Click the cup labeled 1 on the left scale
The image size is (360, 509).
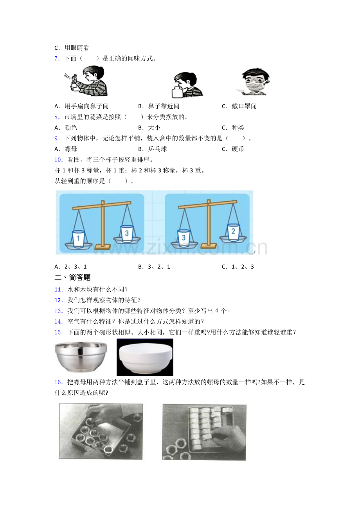(x=78, y=239)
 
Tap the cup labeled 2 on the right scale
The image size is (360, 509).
(x=233, y=232)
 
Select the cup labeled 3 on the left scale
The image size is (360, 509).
(x=127, y=233)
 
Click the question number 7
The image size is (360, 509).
(x=57, y=59)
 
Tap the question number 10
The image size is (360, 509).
(x=58, y=160)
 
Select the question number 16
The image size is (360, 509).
(x=58, y=382)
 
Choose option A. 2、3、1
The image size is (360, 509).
(x=70, y=267)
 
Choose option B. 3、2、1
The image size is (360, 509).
(x=154, y=267)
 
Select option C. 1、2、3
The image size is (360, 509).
(x=238, y=267)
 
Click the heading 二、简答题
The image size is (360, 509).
(x=72, y=278)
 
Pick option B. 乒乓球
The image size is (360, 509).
(x=153, y=149)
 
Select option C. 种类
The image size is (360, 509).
(x=233, y=128)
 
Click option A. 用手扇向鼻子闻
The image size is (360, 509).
(x=81, y=106)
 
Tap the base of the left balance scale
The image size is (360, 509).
(x=103, y=247)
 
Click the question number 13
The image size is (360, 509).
(x=58, y=311)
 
